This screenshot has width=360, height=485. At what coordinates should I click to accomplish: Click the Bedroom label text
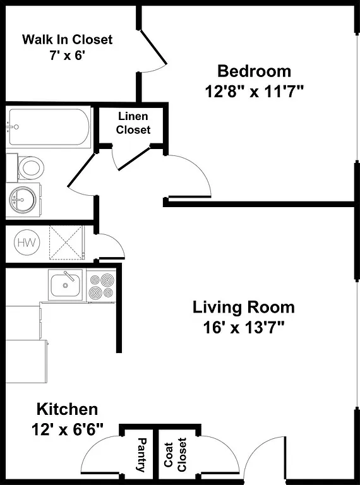tap(254, 71)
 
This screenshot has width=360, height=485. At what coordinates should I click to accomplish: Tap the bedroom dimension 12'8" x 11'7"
tap(255, 92)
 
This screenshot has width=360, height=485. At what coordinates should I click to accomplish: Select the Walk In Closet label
tap(67, 40)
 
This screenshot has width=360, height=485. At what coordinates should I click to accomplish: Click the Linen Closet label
tap(133, 123)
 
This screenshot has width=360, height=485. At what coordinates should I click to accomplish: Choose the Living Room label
tap(243, 308)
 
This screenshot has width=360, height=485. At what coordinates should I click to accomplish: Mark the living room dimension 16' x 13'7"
tap(243, 328)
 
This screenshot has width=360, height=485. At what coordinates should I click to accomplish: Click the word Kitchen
tap(66, 409)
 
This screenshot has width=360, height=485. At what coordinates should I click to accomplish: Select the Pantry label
tap(141, 455)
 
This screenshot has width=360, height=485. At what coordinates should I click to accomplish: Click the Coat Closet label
tap(176, 455)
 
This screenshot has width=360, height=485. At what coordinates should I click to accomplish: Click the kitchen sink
tap(66, 285)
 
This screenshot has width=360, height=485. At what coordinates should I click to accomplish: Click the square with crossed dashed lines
tap(66, 242)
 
